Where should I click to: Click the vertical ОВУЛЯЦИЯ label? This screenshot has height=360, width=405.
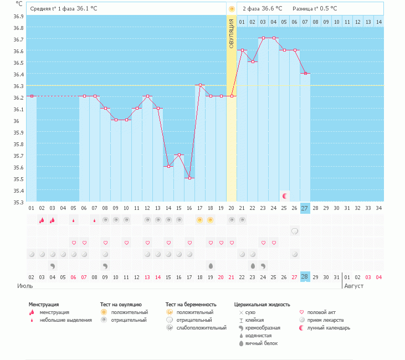point(232,35)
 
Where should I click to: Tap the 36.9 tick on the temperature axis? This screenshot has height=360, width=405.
point(18,16)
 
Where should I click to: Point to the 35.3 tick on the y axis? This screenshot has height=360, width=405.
point(18,202)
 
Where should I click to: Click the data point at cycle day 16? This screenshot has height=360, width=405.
point(189,178)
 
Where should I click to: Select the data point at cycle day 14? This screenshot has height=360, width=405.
point(168,166)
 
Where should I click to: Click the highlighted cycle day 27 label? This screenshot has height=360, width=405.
point(305,208)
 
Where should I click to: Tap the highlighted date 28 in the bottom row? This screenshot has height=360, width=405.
point(305,276)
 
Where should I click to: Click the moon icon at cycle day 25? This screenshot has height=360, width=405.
point(285,196)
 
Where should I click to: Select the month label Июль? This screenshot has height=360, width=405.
point(24,286)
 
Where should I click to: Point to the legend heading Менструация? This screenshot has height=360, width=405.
point(44,305)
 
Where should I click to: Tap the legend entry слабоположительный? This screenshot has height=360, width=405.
point(202,328)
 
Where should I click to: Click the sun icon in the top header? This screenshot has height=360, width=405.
point(232,9)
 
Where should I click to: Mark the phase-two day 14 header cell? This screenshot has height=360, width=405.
point(378,22)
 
